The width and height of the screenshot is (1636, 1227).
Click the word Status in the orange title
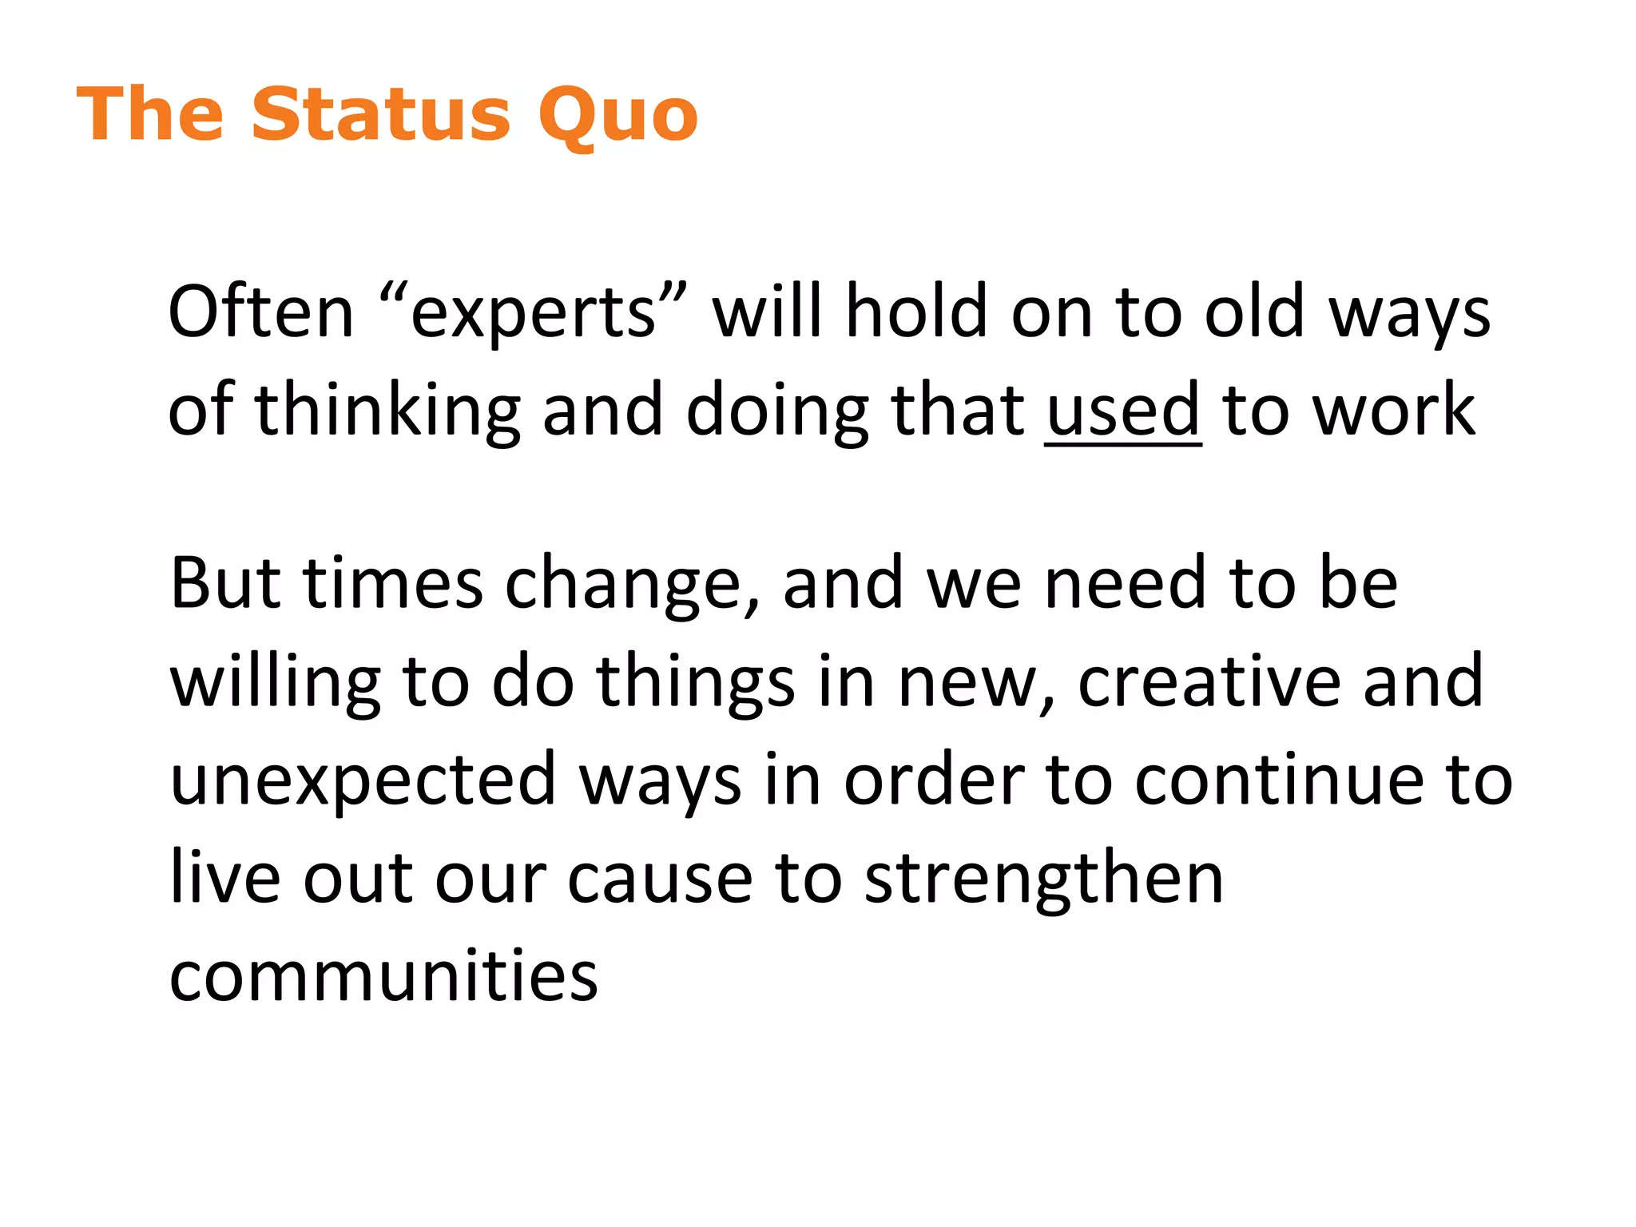point(380,115)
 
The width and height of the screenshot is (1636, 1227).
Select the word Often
point(260,312)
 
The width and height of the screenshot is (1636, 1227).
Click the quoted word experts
point(533,313)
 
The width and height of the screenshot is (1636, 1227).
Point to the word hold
point(916,312)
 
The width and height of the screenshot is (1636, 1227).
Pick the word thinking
point(387,411)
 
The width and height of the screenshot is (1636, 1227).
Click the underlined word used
point(1122,411)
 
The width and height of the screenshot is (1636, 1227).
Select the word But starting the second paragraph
point(225,583)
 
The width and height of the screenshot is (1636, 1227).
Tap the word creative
point(1209,681)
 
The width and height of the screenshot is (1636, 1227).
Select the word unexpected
point(363,780)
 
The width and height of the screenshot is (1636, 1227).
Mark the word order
point(935,779)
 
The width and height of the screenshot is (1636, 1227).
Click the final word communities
point(383,975)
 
